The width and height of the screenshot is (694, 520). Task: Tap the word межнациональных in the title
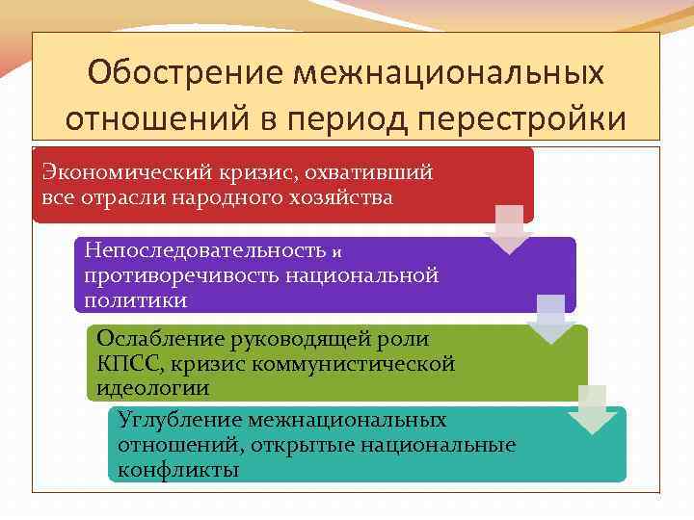pos(452,72)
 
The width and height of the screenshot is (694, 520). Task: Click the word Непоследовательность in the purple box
pos(203,250)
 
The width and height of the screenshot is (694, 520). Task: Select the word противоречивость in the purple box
pos(180,275)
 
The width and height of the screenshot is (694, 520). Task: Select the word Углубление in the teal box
pos(177,420)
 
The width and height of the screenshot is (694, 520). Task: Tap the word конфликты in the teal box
pos(178,470)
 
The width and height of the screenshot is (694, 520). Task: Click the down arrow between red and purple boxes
pos(508,229)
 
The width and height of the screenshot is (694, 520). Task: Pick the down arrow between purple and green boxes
pos(550,319)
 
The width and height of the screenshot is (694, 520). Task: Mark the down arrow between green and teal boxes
pos(591,409)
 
